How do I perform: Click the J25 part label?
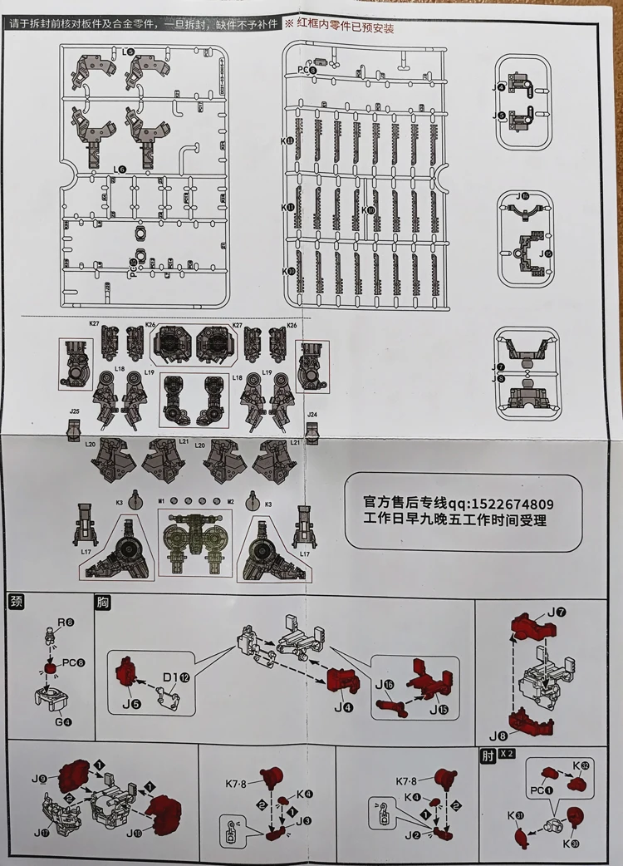[x=75, y=411]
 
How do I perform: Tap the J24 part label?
[x=312, y=414]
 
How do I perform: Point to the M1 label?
[x=162, y=501]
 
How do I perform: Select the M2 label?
[x=231, y=501]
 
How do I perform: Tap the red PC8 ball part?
[x=52, y=667]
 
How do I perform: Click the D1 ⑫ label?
[x=178, y=678]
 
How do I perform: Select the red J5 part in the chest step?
[x=126, y=670]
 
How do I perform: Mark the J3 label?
[x=306, y=821]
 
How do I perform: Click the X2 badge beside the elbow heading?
[x=507, y=755]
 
